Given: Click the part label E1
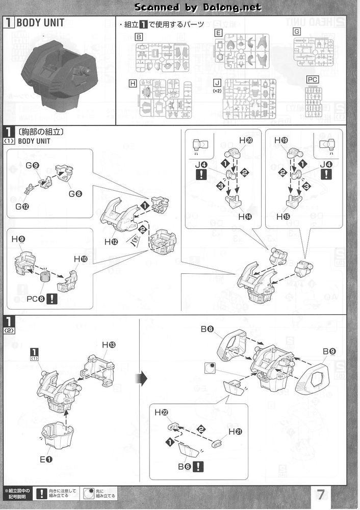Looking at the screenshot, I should [x=46, y=459].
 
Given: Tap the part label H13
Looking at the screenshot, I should [x=108, y=345].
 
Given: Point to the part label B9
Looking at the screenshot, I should [x=329, y=351].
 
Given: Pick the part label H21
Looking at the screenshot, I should [x=236, y=432].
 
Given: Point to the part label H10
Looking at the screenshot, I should [x=81, y=260].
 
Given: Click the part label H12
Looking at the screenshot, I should [x=111, y=242].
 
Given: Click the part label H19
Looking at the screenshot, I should [x=281, y=140].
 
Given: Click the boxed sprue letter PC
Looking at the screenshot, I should [x=313, y=79].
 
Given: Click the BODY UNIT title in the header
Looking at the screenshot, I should [x=40, y=23].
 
